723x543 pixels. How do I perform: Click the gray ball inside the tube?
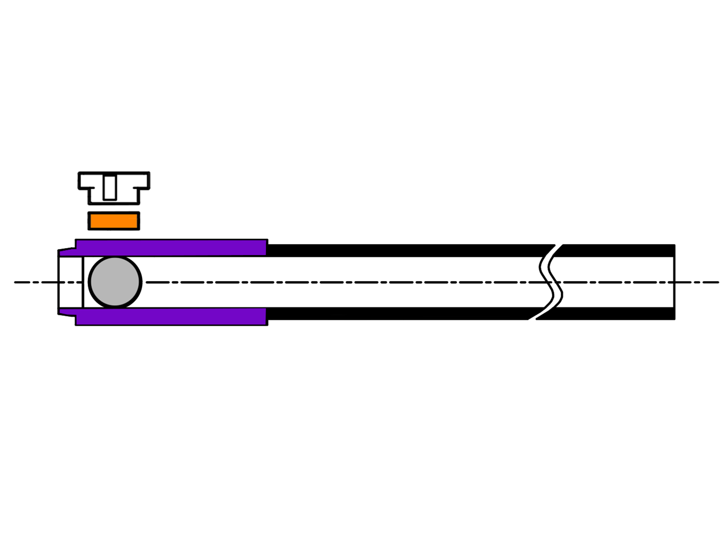[x=115, y=282]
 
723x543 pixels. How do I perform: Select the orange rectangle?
[x=114, y=221]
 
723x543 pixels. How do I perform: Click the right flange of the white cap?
[x=144, y=181]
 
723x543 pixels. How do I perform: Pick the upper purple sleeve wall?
[x=171, y=248]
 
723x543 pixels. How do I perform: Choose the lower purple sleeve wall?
[x=171, y=316]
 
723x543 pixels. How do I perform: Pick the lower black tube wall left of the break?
[x=399, y=314]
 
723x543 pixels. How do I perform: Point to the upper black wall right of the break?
[x=618, y=250]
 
